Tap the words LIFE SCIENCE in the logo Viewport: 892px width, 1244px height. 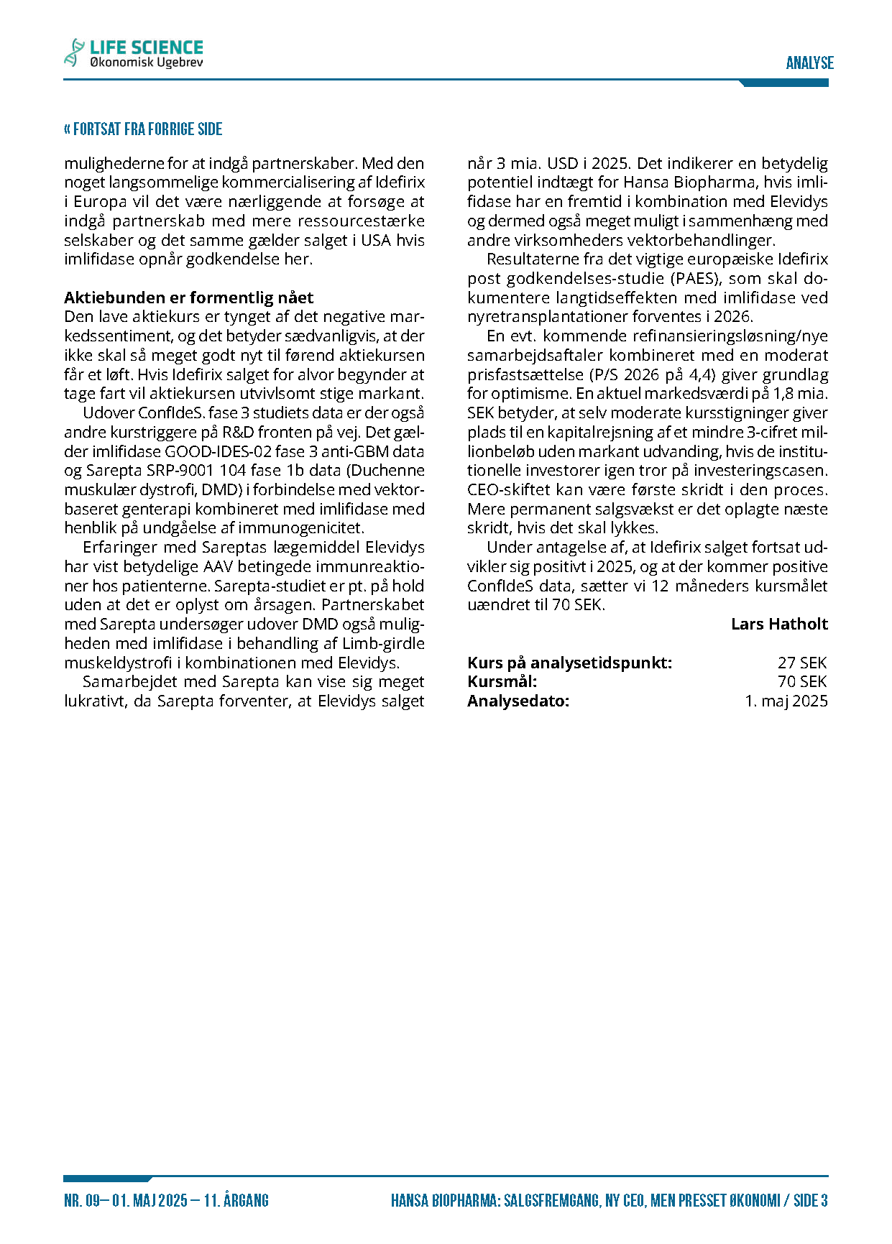pyautogui.click(x=146, y=47)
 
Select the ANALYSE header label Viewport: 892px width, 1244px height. pyautogui.click(x=809, y=63)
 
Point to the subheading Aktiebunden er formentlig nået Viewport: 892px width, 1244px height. pyautogui.click(x=188, y=298)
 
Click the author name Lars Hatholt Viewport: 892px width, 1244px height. pyautogui.click(x=779, y=624)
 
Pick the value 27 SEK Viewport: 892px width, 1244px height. pyautogui.click(x=802, y=663)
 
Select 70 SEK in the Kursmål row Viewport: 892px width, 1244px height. pyautogui.click(x=802, y=681)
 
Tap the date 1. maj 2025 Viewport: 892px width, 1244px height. pyautogui.click(x=786, y=701)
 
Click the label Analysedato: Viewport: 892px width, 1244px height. pyautogui.click(x=518, y=701)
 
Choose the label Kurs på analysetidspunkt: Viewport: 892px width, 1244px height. pyautogui.click(x=569, y=663)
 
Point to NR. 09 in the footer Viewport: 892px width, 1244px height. pyautogui.click(x=82, y=1200)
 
